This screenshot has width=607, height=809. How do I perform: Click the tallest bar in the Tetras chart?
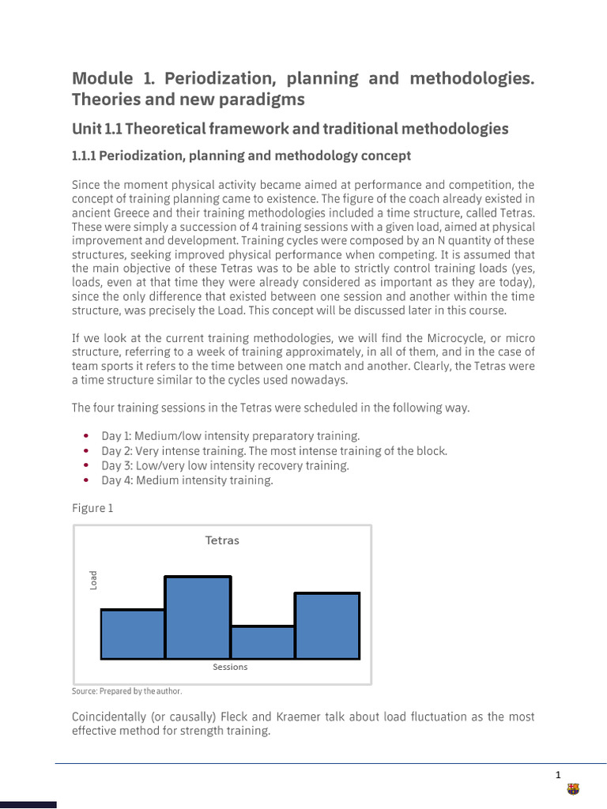198,617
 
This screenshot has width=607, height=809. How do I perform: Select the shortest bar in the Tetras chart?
262,642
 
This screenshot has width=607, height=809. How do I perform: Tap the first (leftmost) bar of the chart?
133,634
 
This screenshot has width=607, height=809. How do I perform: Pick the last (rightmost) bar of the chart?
327,625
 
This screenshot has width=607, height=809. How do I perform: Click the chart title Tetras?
222,541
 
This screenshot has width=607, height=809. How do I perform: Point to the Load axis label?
93,580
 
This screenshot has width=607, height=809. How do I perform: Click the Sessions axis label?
230,667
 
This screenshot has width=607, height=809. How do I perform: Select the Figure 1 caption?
92,508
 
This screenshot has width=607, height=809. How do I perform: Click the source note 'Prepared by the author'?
126,691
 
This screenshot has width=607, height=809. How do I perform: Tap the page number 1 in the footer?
558,774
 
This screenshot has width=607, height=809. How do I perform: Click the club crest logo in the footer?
573,789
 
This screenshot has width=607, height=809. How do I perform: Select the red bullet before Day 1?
85,436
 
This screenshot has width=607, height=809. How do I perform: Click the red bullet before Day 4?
85,480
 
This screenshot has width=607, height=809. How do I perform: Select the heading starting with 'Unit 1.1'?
290,128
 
